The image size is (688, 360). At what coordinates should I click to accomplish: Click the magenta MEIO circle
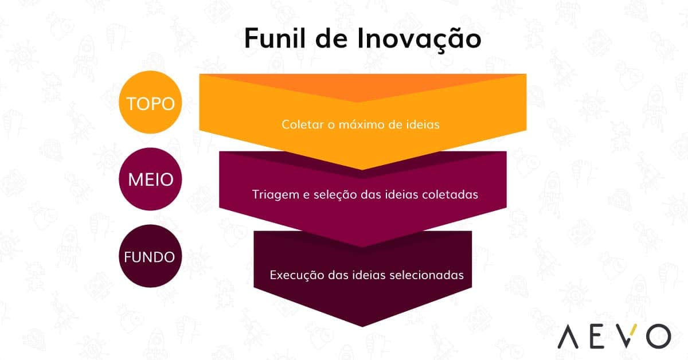150,179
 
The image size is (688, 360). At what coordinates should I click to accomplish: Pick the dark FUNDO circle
150,256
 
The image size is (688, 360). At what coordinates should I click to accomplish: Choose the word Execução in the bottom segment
297,275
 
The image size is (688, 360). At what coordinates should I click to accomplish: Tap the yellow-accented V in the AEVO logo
624,335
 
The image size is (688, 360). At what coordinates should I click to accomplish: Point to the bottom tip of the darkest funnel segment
362,324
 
